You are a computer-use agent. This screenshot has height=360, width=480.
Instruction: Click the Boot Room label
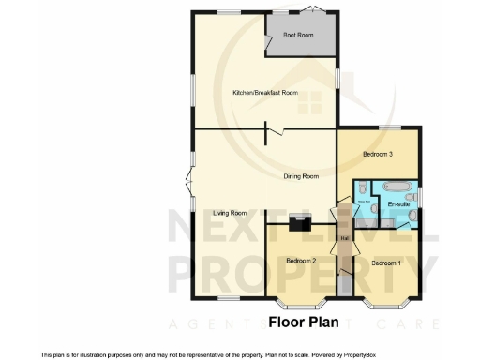tap(299, 35)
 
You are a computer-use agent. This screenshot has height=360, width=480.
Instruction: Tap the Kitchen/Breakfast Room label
tap(265, 93)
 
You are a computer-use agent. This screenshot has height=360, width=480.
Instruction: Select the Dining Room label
tap(302, 176)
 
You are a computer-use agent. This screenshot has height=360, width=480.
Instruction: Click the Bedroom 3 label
tap(378, 154)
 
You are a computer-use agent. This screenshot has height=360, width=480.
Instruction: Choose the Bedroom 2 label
tap(301, 260)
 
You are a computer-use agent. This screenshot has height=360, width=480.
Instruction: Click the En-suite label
tap(398, 203)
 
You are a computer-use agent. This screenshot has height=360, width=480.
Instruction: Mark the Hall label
tap(344, 238)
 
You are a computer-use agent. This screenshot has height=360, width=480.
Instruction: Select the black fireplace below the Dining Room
tap(300, 222)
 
